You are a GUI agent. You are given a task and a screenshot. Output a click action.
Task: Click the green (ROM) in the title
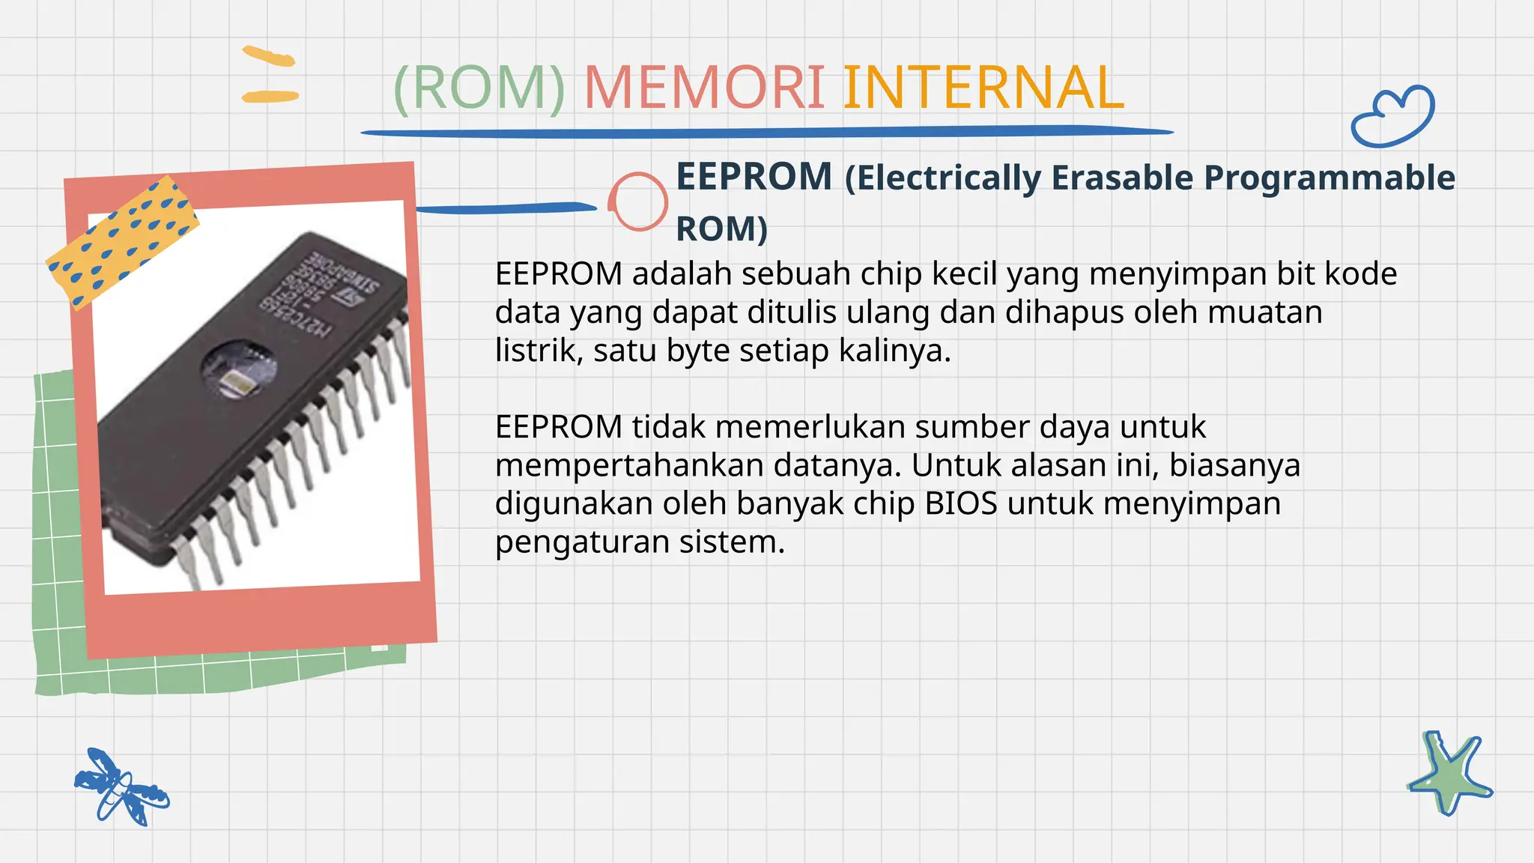tap(479, 88)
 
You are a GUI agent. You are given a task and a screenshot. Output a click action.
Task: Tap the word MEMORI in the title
tap(704, 88)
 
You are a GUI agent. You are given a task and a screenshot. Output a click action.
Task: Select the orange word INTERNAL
tap(983, 88)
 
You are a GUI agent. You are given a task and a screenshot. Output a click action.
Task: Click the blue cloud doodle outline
tap(1393, 117)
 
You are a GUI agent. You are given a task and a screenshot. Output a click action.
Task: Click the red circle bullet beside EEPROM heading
tap(637, 202)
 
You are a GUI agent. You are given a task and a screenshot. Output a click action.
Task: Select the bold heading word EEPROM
tap(754, 178)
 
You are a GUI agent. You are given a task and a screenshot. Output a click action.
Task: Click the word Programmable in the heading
tap(1329, 178)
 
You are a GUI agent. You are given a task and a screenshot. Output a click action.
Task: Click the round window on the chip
tap(239, 369)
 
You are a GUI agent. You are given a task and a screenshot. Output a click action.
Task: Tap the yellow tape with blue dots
tap(122, 242)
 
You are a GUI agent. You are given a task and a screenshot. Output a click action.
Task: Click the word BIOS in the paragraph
tap(961, 503)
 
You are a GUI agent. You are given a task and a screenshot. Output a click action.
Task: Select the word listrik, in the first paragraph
tap(539, 351)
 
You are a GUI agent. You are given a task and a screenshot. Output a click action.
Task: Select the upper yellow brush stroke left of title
tap(268, 56)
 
